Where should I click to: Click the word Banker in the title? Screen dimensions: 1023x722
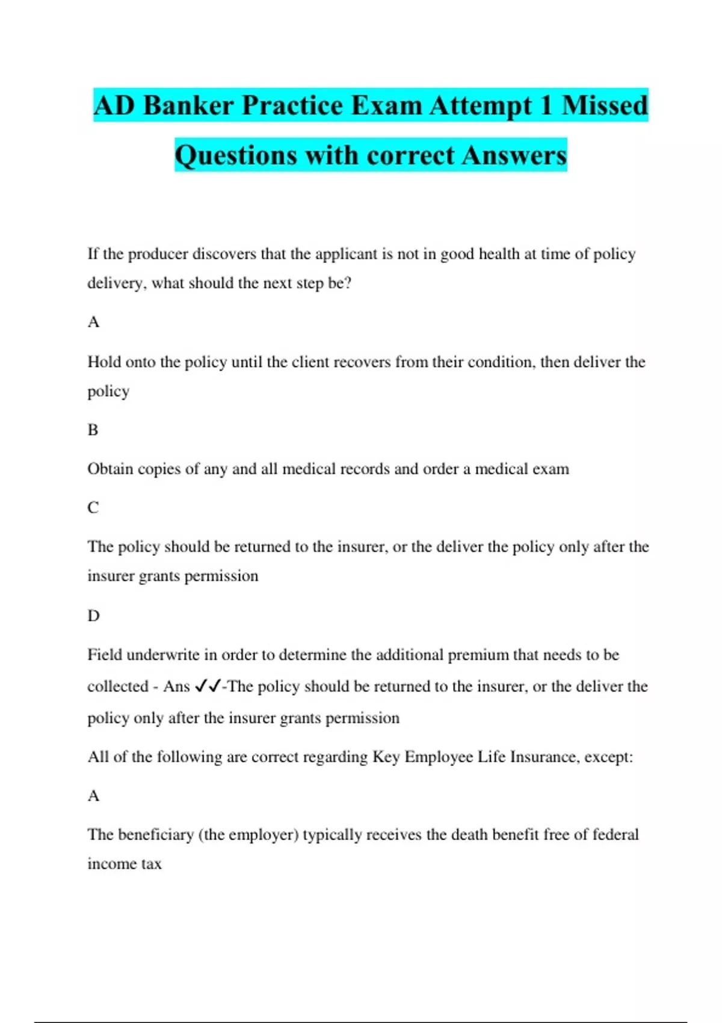(x=188, y=106)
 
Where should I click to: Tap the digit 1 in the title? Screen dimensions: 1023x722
(x=546, y=106)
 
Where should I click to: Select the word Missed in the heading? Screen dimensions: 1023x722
(x=605, y=106)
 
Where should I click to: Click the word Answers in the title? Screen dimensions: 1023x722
(x=514, y=156)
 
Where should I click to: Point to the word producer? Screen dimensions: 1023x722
(x=158, y=255)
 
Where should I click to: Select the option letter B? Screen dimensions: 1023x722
(x=93, y=430)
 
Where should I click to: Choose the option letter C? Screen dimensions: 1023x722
(x=93, y=508)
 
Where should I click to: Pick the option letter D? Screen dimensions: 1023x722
(x=93, y=616)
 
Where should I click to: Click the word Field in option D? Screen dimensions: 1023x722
(x=105, y=655)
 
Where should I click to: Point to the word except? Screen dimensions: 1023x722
(x=608, y=757)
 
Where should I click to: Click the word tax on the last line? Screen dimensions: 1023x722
(x=152, y=864)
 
